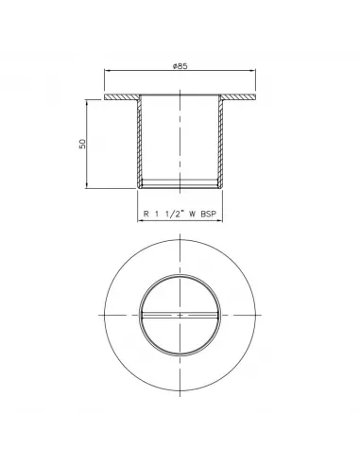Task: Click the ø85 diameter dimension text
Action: [180, 66]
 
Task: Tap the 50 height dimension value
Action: [82, 144]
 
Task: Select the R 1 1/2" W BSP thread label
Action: [180, 214]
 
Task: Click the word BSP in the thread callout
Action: [209, 214]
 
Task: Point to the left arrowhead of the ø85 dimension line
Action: [107, 71]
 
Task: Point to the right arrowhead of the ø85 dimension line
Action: [253, 71]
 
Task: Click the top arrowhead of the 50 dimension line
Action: [86, 102]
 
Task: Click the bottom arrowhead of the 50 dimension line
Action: [86, 186]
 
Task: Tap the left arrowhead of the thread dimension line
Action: [140, 220]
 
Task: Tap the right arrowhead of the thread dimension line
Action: [220, 220]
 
